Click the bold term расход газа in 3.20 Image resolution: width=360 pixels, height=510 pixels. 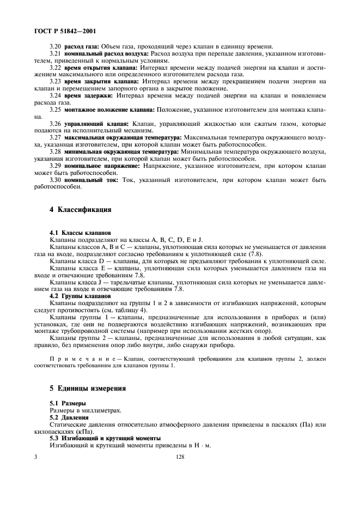82,47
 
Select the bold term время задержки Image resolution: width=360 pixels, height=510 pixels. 88,95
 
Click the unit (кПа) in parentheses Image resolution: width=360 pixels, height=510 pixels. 68,430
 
